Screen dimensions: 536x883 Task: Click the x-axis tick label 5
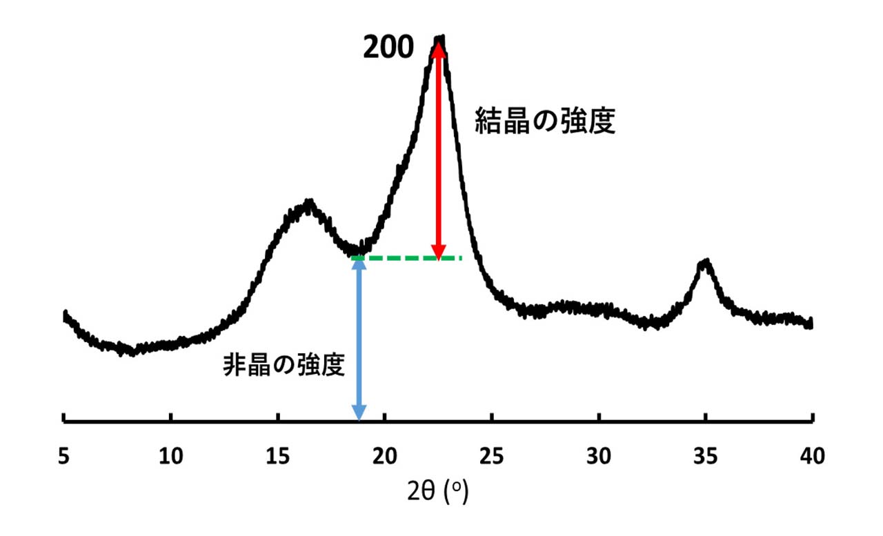point(63,456)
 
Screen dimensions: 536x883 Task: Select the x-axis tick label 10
point(170,456)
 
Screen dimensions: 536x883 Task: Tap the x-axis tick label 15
point(277,456)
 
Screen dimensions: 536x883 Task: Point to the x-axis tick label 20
point(385,456)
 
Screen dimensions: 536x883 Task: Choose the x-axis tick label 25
point(492,456)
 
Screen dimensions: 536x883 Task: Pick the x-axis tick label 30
point(599,456)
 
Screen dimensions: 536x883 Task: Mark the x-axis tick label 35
point(706,456)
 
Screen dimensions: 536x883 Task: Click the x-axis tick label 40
point(812,456)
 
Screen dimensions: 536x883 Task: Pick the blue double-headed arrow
point(359,338)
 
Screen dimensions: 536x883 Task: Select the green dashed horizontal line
point(407,258)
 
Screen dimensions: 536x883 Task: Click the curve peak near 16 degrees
point(308,203)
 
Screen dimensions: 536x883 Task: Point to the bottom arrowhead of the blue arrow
point(359,413)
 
